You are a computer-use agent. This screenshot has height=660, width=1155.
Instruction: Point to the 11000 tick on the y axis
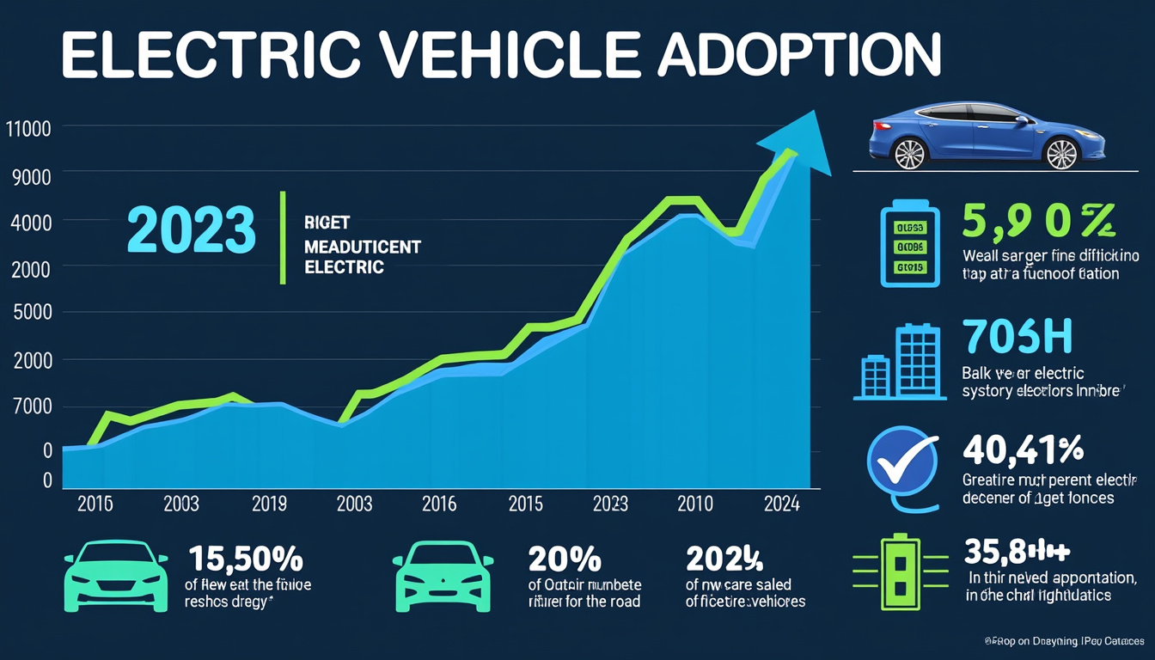coord(27,131)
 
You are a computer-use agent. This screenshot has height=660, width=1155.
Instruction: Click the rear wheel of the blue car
coord(909,154)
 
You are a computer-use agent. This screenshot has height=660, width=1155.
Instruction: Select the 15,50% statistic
coord(245,559)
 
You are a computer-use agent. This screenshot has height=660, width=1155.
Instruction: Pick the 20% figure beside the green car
coord(565,559)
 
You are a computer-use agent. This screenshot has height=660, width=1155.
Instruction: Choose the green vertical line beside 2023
coord(282,238)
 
